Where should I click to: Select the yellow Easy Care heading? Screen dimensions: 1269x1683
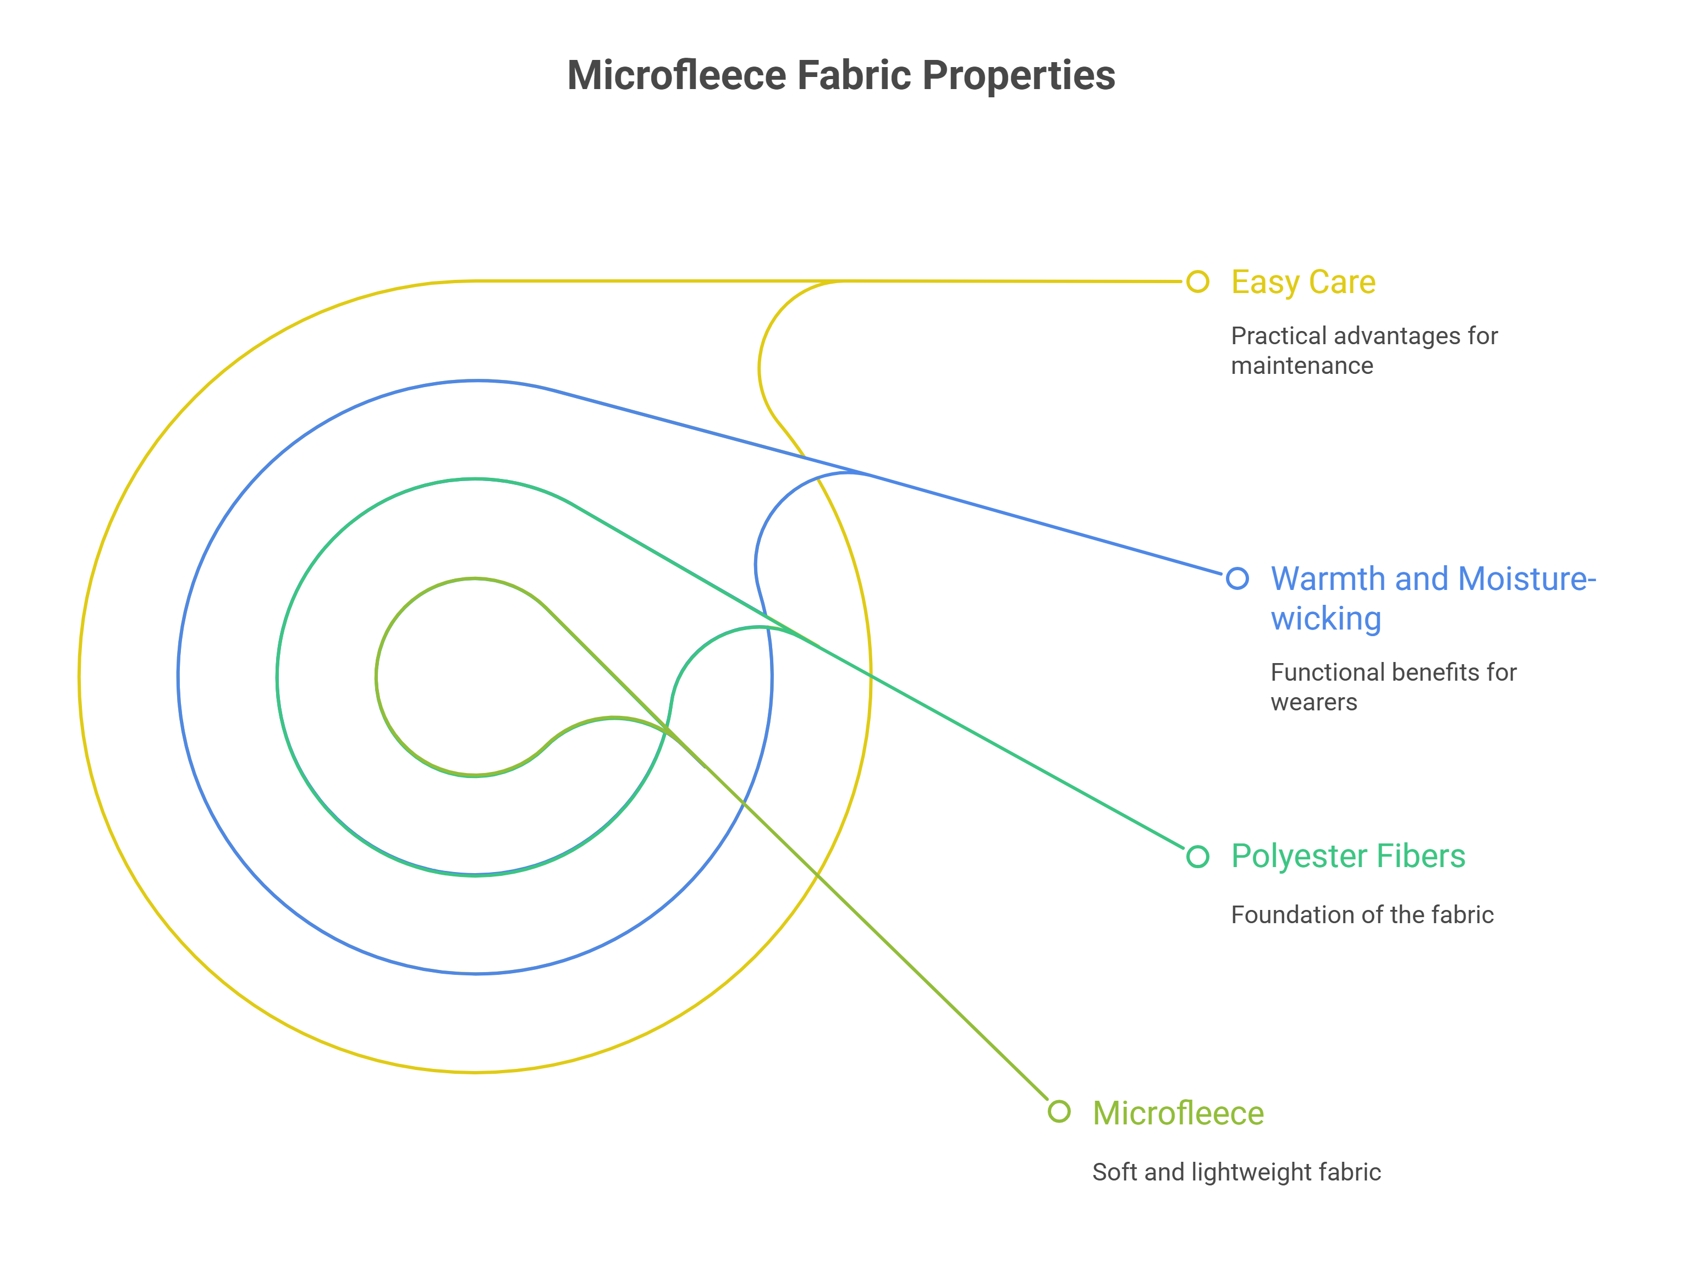click(1302, 282)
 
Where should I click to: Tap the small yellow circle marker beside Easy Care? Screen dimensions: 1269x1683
click(1197, 282)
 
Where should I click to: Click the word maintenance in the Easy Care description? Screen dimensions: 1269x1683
click(1302, 366)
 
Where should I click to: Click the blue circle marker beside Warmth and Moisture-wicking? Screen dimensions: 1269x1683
click(1237, 578)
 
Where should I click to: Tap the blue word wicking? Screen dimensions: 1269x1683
click(1325, 619)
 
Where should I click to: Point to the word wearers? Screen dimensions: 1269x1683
click(1313, 702)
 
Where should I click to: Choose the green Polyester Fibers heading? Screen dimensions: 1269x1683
click(1347, 856)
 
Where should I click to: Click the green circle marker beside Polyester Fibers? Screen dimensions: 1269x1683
click(1197, 857)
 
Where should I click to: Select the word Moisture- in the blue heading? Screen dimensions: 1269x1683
click(1527, 579)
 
